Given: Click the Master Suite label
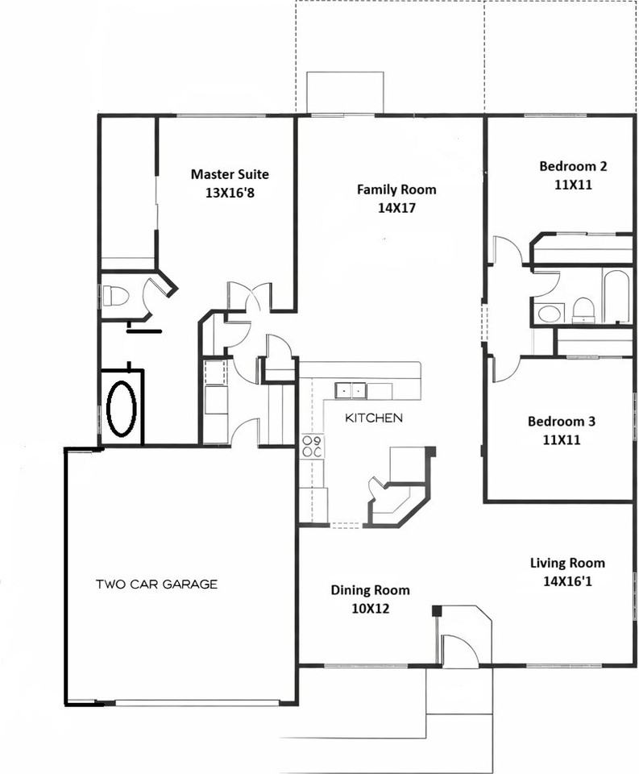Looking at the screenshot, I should coord(230,174).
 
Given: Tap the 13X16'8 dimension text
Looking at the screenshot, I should coord(230,193).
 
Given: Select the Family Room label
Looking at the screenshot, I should coord(396,190).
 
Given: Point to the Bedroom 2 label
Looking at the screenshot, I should coord(573,167).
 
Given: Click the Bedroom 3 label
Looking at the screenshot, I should coord(562,422).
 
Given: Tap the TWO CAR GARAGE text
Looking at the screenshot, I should coord(156,585).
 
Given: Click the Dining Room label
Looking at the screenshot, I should coord(370,590).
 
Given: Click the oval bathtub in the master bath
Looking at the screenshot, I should coord(122,408).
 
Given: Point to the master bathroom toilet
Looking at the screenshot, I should coord(117,295).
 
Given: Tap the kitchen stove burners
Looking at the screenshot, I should coord(312,447).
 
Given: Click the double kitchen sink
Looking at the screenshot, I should coord(351,390).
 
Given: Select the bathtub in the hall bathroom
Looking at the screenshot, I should coord(617,297).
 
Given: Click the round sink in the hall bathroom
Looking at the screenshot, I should coord(550,313).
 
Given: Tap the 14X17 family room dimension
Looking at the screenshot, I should coord(396,208).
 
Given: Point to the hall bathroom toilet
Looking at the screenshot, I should coord(583,310).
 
